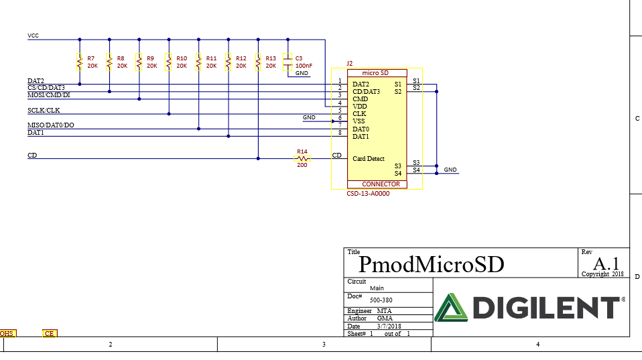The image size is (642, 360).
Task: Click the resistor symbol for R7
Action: point(80,62)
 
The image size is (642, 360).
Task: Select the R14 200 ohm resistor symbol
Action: point(302,159)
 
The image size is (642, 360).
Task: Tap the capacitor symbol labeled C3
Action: point(288,62)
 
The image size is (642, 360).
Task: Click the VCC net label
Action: point(33,36)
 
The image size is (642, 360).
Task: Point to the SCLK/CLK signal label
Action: point(44,111)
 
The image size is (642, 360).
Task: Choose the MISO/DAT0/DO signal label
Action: point(51,125)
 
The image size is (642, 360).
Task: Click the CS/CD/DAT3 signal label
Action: point(46,88)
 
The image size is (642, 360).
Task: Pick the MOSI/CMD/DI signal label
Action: point(48,95)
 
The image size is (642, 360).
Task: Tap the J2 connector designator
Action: point(349,64)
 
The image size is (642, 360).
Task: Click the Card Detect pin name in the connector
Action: point(369,159)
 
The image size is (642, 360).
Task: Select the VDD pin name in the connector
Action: point(360,107)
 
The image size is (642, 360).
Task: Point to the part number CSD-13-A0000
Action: point(368,194)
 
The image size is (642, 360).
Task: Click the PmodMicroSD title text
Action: point(432,264)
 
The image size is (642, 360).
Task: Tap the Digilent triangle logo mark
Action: point(452,308)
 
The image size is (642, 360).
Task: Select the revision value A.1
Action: point(606,263)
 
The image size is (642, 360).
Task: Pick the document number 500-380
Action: point(381,300)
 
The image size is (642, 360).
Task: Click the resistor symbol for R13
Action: point(258,62)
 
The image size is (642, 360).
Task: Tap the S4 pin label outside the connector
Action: point(416,170)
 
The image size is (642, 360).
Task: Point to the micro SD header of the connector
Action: point(375,72)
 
